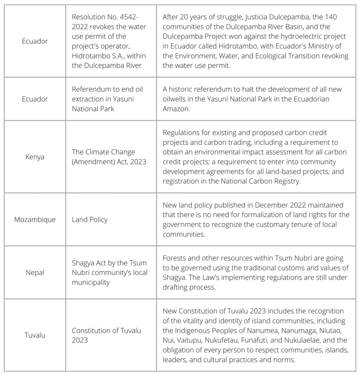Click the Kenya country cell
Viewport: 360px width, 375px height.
pyautogui.click(x=35, y=157)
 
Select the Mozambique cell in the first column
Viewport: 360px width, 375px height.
pyautogui.click(x=35, y=220)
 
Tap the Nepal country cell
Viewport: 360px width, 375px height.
pyautogui.click(x=35, y=272)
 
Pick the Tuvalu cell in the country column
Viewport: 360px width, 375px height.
pyautogui.click(x=35, y=335)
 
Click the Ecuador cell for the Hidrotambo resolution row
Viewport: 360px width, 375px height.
pyautogui.click(x=35, y=41)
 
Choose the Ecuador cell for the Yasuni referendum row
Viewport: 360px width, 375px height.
pyautogui.click(x=35, y=99)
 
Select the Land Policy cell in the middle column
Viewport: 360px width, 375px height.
pyautogui.click(x=89, y=220)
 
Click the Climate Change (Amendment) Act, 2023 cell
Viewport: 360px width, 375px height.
pyautogui.click(x=109, y=157)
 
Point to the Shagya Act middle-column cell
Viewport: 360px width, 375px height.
pyautogui.click(x=109, y=272)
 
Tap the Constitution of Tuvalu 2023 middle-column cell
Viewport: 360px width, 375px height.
pyautogui.click(x=107, y=335)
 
